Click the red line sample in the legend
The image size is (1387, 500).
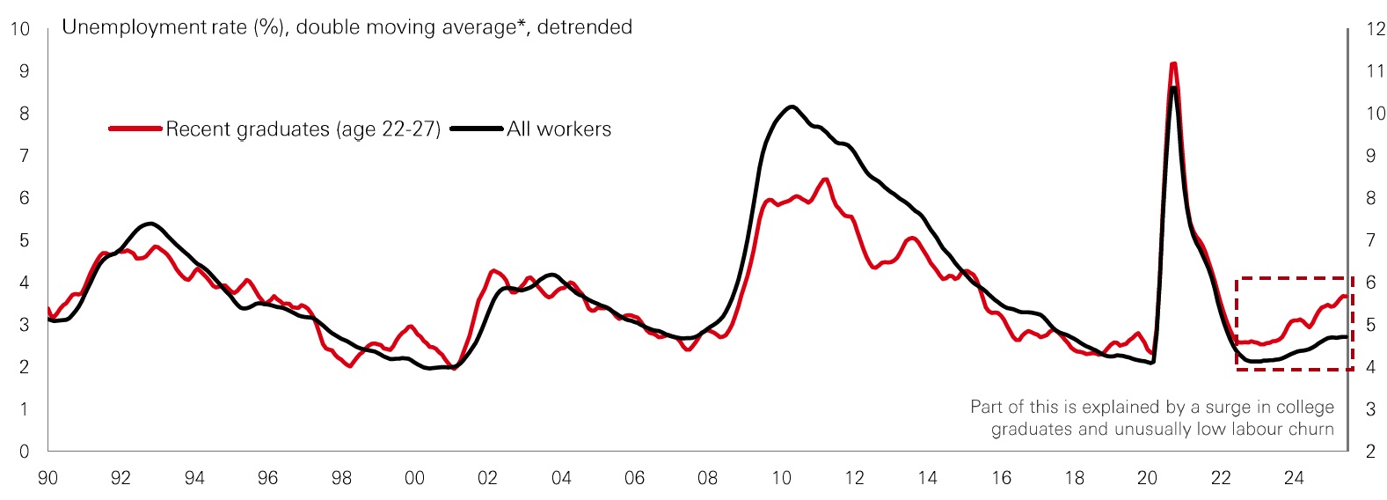136,129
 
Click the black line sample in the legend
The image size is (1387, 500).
477,129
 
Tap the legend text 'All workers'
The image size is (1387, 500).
558,129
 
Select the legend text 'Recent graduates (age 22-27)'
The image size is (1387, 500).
303,129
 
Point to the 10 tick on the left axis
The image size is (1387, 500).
19,29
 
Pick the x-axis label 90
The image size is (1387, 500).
47,478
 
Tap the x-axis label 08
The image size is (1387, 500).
707,478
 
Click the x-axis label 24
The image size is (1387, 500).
1294,478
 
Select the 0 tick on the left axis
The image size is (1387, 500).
25,452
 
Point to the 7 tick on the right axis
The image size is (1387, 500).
1370,240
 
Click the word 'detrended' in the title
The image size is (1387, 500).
584,27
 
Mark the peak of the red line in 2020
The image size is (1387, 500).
1173,63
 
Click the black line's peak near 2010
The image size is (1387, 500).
792,107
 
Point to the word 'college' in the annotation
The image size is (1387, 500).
1301,407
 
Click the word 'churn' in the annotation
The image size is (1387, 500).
1312,430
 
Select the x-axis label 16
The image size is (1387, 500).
1001,478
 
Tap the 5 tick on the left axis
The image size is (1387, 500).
25,240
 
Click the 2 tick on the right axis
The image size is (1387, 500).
1370,452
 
